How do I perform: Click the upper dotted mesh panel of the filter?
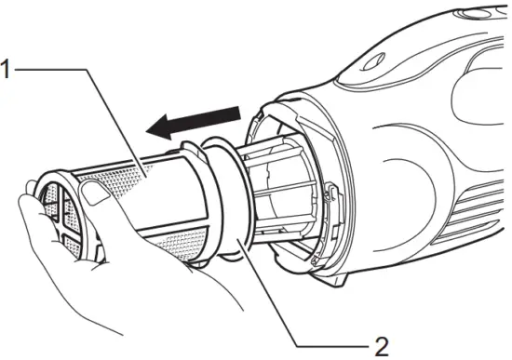click(x=140, y=177)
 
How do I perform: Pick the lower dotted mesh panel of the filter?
click(x=177, y=244)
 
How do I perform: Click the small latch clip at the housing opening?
click(x=330, y=190)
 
